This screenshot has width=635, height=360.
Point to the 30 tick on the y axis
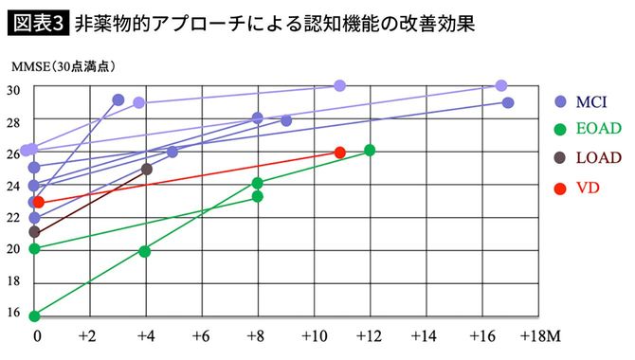point(14,90)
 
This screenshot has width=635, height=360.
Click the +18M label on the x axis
point(536,336)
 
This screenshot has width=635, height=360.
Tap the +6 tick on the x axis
point(201,336)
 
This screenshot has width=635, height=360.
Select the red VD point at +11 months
point(340,153)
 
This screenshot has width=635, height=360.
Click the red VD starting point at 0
point(38,202)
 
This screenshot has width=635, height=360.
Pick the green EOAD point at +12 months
point(370,151)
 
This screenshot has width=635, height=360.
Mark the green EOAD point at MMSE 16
point(34,315)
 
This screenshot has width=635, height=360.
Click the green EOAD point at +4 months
point(145,251)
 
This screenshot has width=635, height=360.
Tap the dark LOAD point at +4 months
point(147,169)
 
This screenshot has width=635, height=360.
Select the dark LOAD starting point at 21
point(34,232)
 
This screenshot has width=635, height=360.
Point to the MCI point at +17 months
point(508,102)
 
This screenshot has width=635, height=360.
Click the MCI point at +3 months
point(118,99)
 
